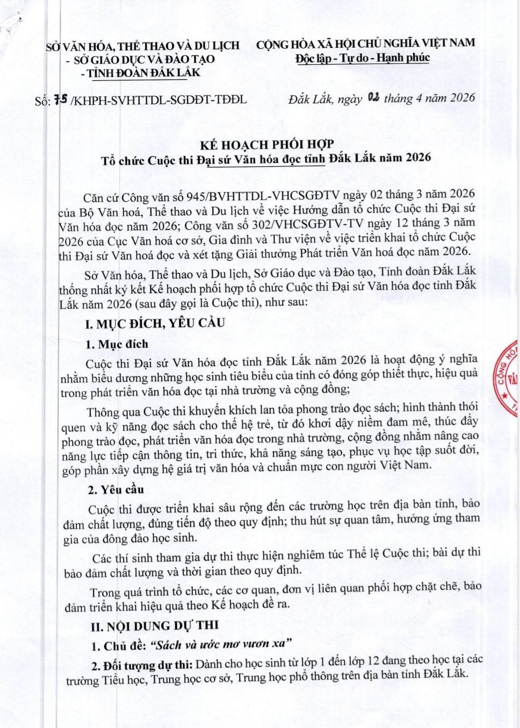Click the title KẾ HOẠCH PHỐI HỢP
267,144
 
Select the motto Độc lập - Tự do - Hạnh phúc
363,58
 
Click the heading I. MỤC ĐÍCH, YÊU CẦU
155,323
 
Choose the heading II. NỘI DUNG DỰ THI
155,625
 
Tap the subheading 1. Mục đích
117,344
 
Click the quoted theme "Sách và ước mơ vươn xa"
220,644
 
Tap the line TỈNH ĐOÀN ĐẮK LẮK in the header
143,73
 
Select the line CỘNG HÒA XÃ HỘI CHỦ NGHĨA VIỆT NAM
365,44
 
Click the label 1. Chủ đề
118,645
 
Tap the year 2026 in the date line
456,97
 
